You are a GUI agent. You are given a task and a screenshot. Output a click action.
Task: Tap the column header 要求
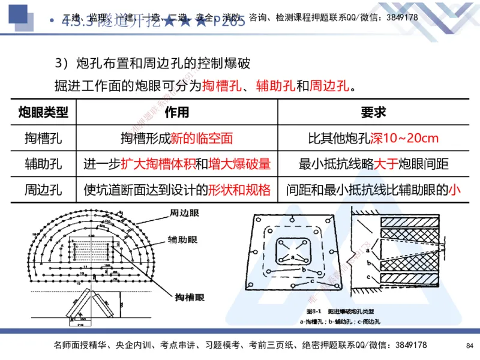click(x=373, y=112)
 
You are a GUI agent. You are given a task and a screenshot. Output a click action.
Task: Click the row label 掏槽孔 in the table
click(x=43, y=139)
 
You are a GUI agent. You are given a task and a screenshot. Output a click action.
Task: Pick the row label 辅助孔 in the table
click(x=43, y=164)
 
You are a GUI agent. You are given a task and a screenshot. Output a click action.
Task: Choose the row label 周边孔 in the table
click(x=43, y=190)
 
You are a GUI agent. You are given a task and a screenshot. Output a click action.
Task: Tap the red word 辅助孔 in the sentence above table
click(x=275, y=85)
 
